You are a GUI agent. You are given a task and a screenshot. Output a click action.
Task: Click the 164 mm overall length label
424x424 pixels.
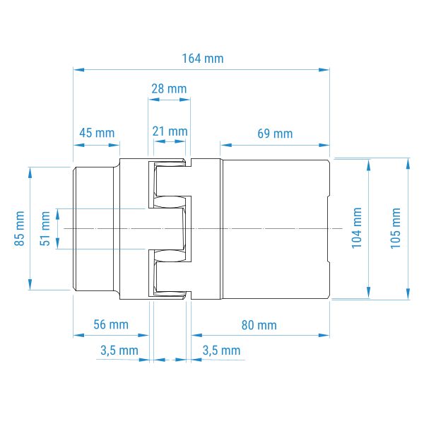(203, 59)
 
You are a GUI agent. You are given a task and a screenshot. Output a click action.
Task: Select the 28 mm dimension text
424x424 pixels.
(169, 89)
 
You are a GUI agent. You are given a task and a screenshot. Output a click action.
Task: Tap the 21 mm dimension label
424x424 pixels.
(170, 131)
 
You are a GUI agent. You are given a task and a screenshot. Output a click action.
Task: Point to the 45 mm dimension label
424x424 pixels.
(97, 133)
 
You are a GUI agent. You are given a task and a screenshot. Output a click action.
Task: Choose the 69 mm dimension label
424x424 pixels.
(275, 134)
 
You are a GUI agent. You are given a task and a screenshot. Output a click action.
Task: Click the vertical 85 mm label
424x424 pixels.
(20, 228)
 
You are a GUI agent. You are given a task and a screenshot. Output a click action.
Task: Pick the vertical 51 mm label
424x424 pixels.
(45, 228)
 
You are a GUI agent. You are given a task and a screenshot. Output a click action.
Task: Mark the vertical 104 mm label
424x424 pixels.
(356, 228)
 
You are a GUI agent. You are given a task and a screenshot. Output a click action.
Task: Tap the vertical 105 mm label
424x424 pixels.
(395, 228)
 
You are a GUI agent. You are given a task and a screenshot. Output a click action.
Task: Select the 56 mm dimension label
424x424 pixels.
(111, 324)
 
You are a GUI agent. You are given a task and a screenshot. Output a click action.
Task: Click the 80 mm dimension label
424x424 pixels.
(259, 325)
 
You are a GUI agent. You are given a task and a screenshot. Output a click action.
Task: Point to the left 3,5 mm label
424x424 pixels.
(119, 351)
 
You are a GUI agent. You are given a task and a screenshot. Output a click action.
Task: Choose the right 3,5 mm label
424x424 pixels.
(221, 351)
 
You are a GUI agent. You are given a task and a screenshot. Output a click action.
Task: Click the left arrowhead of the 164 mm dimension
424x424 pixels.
(78, 70)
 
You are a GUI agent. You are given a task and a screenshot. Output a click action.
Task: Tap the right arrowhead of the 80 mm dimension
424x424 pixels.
(324, 335)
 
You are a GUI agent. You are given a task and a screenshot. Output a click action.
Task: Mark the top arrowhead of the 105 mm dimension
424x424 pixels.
(408, 164)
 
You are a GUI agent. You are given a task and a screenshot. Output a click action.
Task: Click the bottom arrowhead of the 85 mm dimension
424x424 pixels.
(30, 285)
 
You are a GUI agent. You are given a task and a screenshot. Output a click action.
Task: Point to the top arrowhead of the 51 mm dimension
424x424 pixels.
(57, 214)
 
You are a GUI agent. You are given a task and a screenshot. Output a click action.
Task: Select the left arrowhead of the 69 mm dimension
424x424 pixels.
(226, 145)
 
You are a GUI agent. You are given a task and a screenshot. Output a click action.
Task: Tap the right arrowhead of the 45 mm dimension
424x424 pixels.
(114, 145)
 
